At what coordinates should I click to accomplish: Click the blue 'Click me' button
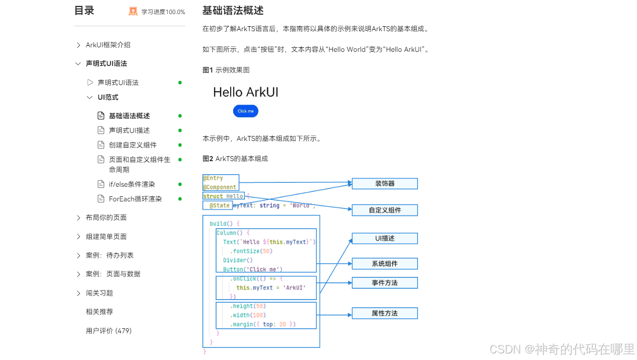(x=245, y=111)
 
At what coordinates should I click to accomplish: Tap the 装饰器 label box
(x=385, y=184)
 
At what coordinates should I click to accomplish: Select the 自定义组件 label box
(x=385, y=210)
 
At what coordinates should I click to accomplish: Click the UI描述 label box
(x=385, y=238)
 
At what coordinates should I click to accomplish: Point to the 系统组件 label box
(x=385, y=263)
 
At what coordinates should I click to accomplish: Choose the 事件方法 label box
(x=385, y=283)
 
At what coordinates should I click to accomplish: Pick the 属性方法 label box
(x=385, y=313)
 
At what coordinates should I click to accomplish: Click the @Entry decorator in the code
(x=213, y=178)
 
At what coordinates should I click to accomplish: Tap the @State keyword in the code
(x=220, y=205)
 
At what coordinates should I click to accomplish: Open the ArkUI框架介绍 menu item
(x=108, y=45)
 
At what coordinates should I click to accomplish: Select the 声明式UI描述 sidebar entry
(x=129, y=130)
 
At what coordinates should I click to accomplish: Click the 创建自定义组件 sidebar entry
(x=133, y=145)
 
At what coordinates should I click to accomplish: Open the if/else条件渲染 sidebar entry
(x=132, y=184)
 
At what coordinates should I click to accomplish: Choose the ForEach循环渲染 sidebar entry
(x=135, y=199)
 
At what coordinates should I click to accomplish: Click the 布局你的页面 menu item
(x=106, y=218)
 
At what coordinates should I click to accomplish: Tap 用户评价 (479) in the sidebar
(x=109, y=331)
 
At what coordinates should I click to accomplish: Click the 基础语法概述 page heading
(x=233, y=11)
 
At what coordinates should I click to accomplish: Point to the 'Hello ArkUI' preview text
(x=245, y=92)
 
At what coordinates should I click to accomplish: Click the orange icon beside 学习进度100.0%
(x=133, y=12)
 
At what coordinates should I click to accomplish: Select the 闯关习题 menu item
(x=99, y=293)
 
